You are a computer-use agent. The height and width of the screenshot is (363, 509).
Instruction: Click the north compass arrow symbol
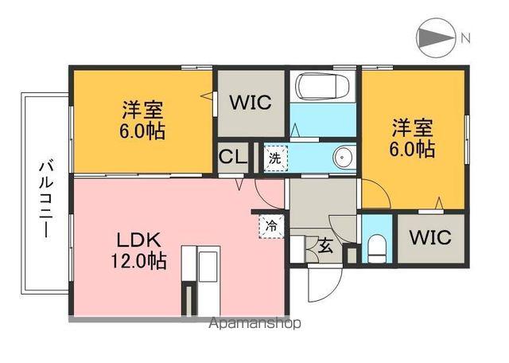tap(433, 37)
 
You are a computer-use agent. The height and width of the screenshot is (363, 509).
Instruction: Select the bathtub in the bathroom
tap(322, 86)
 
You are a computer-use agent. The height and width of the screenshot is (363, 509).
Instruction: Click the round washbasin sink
tap(343, 157)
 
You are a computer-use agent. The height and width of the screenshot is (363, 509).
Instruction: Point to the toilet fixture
tap(378, 248)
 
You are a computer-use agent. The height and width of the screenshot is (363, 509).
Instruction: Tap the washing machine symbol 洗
tap(274, 157)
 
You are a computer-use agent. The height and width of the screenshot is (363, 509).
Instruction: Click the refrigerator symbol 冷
tap(271, 225)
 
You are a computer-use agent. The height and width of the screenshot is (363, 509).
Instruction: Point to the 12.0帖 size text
tap(140, 260)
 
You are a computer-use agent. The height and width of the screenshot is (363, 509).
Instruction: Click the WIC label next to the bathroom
tap(251, 103)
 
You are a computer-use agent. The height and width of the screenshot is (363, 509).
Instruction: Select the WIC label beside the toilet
tap(430, 238)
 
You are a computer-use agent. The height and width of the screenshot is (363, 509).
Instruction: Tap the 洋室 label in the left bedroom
tap(144, 109)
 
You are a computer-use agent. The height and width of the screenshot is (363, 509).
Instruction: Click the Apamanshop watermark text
tap(255, 323)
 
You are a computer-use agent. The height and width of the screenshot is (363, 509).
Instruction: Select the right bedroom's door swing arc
tap(377, 194)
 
